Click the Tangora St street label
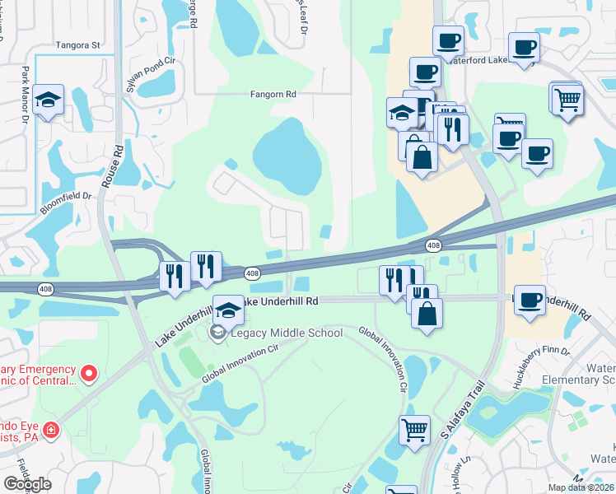pos(77,45)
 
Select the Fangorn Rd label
pos(273,95)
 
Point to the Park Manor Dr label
pos(26,95)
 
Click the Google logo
pos(27,484)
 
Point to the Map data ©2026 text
pos(581,487)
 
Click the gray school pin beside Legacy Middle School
pos(218,333)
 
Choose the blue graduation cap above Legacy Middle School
pos(229,309)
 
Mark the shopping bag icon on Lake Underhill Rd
pos(427,313)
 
